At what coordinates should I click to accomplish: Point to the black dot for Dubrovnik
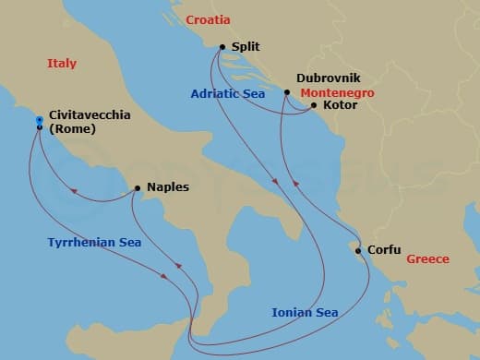tap(287, 92)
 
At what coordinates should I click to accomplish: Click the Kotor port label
tap(341, 105)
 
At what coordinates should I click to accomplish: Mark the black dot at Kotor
tap(313, 105)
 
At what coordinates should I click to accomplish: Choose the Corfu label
tap(383, 249)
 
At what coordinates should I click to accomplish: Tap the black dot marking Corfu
tap(356, 249)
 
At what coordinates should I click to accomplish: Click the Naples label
tap(167, 187)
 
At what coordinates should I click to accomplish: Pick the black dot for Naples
tap(137, 188)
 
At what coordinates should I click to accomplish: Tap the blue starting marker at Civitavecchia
tap(39, 120)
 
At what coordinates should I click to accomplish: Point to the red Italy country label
tap(62, 64)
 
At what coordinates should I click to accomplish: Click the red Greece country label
tap(427, 259)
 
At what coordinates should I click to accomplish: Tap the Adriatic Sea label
tap(228, 93)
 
